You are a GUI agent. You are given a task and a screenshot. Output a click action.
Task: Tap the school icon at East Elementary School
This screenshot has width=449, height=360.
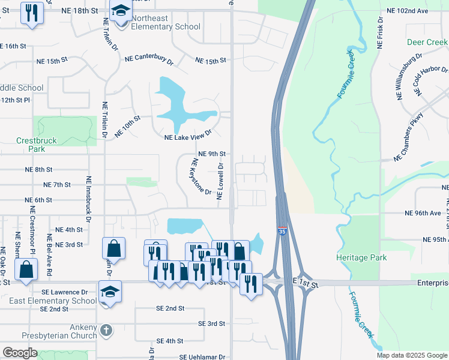click(x=110, y=292)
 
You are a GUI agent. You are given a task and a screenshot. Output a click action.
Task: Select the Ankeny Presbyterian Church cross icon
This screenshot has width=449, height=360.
click(x=106, y=329)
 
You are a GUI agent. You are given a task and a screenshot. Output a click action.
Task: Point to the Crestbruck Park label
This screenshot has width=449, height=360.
click(x=37, y=145)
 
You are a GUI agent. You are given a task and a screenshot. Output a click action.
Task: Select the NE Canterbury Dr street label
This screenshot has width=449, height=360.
click(x=149, y=59)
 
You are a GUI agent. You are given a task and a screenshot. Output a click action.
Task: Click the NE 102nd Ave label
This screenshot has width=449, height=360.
click(x=408, y=11)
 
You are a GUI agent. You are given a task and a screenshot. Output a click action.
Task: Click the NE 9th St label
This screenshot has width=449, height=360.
click(x=211, y=154)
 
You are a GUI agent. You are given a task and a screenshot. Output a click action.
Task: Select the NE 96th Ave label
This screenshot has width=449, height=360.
click(x=423, y=213)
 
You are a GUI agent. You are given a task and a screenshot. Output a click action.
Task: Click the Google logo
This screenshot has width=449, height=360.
click(x=20, y=353)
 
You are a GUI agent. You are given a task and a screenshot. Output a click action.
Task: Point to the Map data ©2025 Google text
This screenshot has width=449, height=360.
click(x=412, y=355)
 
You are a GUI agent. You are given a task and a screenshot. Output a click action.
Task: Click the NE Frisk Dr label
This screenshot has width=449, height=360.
click(x=380, y=38)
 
